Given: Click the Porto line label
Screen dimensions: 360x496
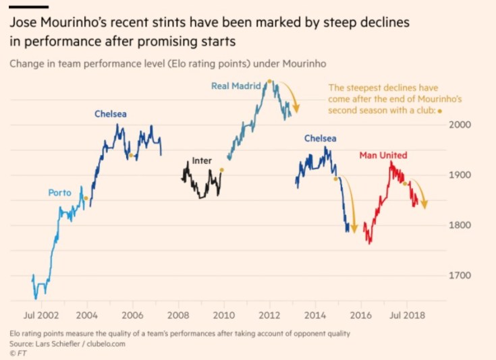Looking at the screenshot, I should tap(59, 193).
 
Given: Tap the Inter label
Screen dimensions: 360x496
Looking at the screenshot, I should tap(202, 161).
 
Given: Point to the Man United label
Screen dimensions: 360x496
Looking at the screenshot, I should tap(383, 156).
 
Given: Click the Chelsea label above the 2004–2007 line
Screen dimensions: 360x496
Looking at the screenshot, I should tap(111, 114).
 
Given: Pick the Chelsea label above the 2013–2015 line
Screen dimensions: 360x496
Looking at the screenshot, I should tap(320, 138).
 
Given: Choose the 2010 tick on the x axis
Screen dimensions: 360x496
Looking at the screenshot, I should tap(223, 315).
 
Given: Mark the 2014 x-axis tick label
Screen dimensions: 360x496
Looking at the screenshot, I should tap(315, 315).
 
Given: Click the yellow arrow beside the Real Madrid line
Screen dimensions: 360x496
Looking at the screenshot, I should tap(292, 96).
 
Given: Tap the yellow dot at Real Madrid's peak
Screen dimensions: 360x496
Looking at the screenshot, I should tap(269, 81).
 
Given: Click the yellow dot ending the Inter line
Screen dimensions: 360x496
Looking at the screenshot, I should tap(221, 170).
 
